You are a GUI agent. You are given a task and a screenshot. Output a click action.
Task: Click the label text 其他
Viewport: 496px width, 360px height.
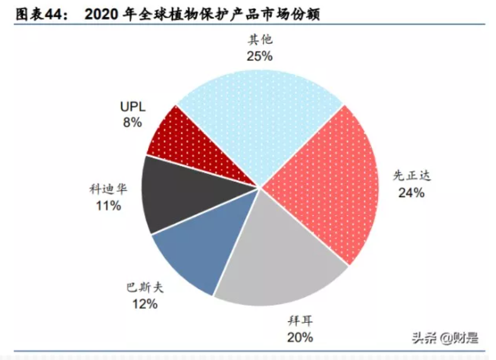pyautogui.click(x=260, y=40)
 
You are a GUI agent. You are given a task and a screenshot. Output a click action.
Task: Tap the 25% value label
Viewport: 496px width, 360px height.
pyautogui.click(x=260, y=56)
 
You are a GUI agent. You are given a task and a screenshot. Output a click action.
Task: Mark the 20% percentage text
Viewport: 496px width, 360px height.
pyautogui.click(x=300, y=338)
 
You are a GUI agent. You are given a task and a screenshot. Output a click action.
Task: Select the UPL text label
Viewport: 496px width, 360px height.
pyautogui.click(x=132, y=106)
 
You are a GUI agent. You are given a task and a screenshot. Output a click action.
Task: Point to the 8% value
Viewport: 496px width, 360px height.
pyautogui.click(x=132, y=122)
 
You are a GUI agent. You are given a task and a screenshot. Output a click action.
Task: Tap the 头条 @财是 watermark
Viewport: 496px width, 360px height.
pyautogui.click(x=445, y=338)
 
